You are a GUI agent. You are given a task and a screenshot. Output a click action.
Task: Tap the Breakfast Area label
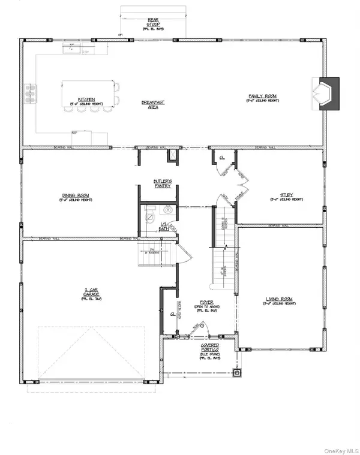153,104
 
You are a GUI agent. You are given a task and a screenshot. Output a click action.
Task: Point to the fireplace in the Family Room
327,94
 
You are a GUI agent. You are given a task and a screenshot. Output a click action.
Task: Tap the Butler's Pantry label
162,184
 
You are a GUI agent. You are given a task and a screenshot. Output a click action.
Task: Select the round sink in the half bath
167,212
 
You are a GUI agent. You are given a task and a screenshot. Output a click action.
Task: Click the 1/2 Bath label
162,227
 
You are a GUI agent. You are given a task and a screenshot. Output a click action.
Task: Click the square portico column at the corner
238,372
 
